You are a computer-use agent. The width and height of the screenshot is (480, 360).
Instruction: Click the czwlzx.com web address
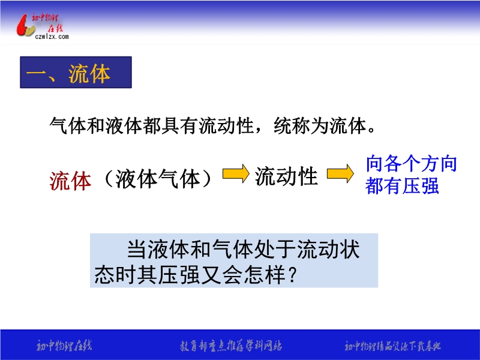point(52,37)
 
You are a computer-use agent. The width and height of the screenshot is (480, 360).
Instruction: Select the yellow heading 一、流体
point(68,74)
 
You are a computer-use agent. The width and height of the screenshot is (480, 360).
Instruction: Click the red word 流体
point(70,181)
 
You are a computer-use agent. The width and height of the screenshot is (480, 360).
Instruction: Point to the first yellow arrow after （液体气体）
point(236,173)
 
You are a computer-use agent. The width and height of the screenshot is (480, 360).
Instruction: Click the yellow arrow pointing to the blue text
point(340,173)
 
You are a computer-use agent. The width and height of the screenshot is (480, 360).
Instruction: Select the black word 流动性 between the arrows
point(286,176)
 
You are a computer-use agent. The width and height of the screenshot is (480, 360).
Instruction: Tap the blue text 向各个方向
point(412,163)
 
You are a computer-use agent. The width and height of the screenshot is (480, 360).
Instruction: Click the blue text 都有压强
point(402,185)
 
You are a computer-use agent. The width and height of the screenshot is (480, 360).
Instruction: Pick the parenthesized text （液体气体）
point(158,178)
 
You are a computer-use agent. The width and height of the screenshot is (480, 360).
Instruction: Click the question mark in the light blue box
point(292,275)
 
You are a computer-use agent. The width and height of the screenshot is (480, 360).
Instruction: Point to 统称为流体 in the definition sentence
point(320,125)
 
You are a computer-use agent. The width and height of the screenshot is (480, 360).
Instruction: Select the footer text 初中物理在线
point(64,346)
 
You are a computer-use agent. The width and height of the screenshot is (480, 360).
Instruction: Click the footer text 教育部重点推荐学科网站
point(231,346)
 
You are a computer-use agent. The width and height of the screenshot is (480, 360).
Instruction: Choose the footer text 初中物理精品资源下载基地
point(393,346)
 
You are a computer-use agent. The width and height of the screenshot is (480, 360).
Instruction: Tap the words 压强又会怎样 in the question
point(221,275)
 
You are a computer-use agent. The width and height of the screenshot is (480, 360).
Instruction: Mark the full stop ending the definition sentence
point(371,131)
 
